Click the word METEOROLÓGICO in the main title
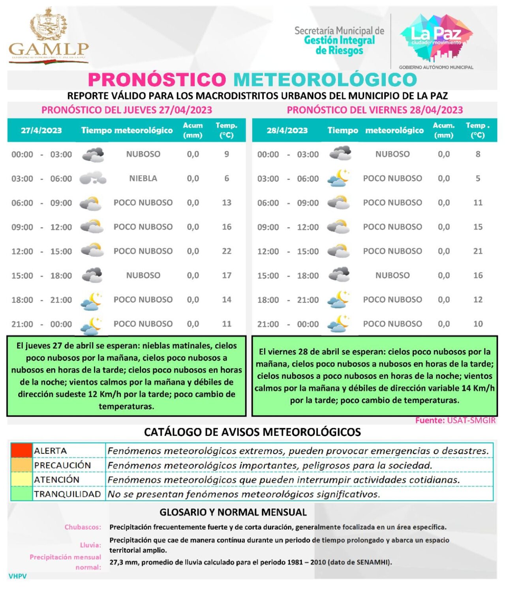click(x=325, y=80)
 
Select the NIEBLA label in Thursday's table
click(x=143, y=178)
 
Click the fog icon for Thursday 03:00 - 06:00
click(x=93, y=178)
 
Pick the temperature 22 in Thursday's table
click(x=226, y=251)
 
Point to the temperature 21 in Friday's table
click(x=478, y=251)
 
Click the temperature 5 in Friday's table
click(x=478, y=178)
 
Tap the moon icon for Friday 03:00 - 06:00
click(x=339, y=178)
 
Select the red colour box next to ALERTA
click(x=21, y=450)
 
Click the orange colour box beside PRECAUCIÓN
click(x=21, y=465)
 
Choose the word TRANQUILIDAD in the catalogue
click(x=67, y=494)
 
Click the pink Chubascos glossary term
click(x=83, y=527)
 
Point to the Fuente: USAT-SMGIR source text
click(x=455, y=421)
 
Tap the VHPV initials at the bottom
click(x=18, y=576)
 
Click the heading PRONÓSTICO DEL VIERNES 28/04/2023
click(x=375, y=110)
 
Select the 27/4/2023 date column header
click(x=41, y=131)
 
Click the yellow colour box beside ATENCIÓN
click(x=21, y=479)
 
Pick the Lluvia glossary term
click(x=90, y=545)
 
